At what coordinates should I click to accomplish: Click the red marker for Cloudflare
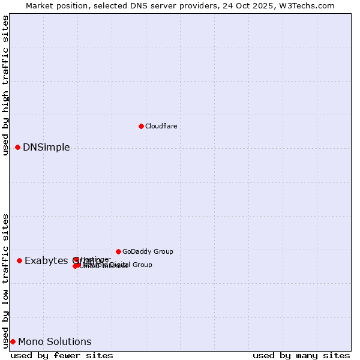click(x=141, y=126)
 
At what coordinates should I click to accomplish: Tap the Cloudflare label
click(x=161, y=126)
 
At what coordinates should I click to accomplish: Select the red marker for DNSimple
click(x=17, y=147)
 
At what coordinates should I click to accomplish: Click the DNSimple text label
click(x=46, y=148)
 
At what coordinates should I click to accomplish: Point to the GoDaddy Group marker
click(x=118, y=251)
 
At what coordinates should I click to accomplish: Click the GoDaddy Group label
click(x=147, y=251)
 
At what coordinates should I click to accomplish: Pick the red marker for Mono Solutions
click(x=13, y=341)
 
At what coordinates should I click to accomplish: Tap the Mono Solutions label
click(x=55, y=342)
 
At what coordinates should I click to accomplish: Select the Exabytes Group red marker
click(x=19, y=260)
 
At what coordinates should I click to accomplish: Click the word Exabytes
click(x=46, y=260)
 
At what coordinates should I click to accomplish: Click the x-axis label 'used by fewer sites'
click(x=62, y=355)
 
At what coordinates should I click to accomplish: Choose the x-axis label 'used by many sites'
click(x=301, y=355)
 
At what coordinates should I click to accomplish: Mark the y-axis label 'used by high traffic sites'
click(x=5, y=85)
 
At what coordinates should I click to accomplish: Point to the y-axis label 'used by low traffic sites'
click(x=5, y=281)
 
